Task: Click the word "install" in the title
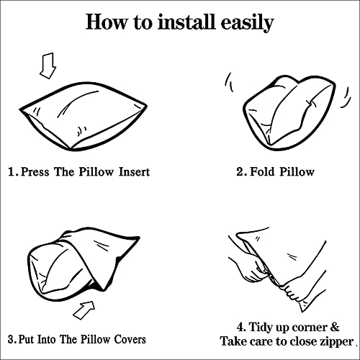coord(186,22)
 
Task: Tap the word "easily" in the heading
coord(247,23)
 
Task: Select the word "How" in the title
coord(107,22)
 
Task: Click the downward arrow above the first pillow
coord(48,66)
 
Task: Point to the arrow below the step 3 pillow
coord(84,310)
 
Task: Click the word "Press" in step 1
coord(35,172)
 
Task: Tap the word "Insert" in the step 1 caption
coord(135,172)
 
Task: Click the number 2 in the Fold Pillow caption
coord(240,172)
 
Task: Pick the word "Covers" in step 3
coord(130,339)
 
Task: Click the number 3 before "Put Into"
coord(12,340)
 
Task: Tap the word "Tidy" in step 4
coord(260,328)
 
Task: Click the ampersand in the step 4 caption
coord(335,327)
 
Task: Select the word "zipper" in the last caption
coord(337,342)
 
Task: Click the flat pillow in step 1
coord(83,117)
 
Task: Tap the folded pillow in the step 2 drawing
coord(289,113)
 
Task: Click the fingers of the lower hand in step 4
coord(290,292)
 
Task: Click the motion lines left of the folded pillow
coord(229,82)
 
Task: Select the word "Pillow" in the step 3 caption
coord(95,339)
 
